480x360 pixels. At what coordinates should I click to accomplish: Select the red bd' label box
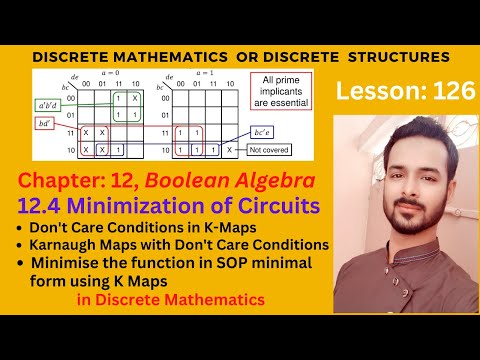[x=45, y=123]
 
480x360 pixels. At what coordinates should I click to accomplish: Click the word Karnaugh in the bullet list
[x=69, y=245]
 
